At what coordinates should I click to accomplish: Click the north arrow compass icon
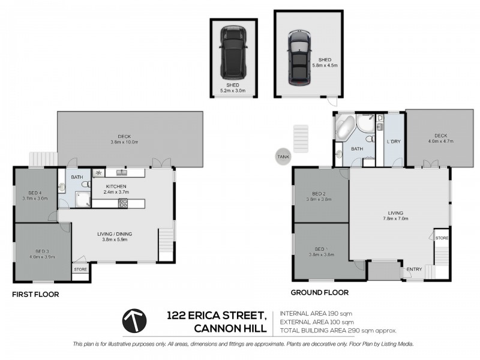[x=136, y=321]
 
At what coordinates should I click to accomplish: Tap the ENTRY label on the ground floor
[x=414, y=269]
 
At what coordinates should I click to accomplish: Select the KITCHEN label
[x=116, y=186]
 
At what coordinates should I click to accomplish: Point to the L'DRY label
[x=394, y=141]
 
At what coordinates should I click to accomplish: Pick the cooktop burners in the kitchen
[x=124, y=203]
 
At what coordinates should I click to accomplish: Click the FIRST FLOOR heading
[x=35, y=295]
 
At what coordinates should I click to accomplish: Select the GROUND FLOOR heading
[x=319, y=293]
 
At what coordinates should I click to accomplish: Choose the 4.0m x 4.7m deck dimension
[x=440, y=142]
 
